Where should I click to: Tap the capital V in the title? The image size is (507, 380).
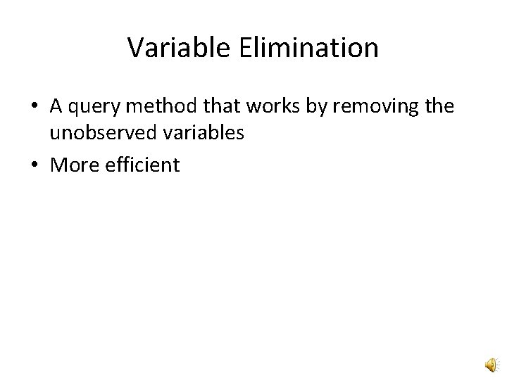[x=134, y=48]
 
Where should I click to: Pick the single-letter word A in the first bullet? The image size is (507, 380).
[x=56, y=107]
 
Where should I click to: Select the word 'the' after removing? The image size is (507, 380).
[x=440, y=107]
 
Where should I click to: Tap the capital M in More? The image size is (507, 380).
[x=58, y=165]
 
